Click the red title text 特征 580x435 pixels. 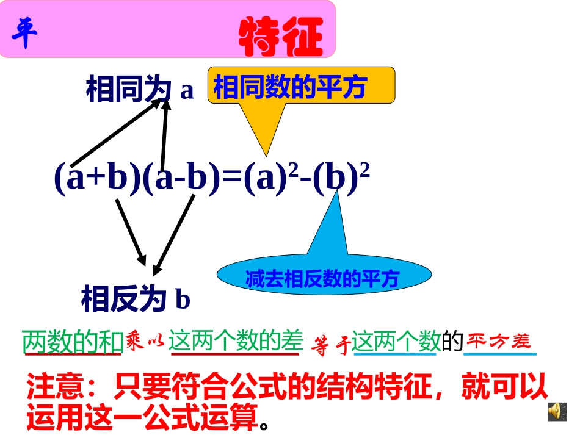pos(280,37)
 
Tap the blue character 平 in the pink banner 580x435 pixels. pos(25,34)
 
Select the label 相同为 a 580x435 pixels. pos(140,90)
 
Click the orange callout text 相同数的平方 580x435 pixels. pos(289,88)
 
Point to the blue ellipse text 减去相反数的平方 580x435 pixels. pos(322,279)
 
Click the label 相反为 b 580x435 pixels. pos(136,300)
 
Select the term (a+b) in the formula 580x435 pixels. pos(97,179)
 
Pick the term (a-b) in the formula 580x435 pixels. pos(181,179)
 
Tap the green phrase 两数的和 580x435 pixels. pos(73,342)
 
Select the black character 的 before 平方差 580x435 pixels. pos(452,342)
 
